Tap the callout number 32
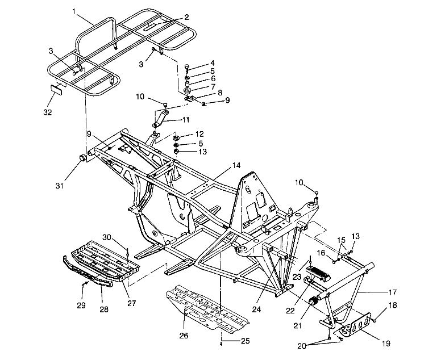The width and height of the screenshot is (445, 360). (x=48, y=112)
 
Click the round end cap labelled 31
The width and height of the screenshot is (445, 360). (x=83, y=157)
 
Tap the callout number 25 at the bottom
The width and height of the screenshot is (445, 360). (x=245, y=341)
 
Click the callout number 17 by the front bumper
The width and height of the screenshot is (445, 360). (x=393, y=292)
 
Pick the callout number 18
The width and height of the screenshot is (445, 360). (x=392, y=306)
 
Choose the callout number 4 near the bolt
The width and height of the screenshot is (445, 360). (x=212, y=63)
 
